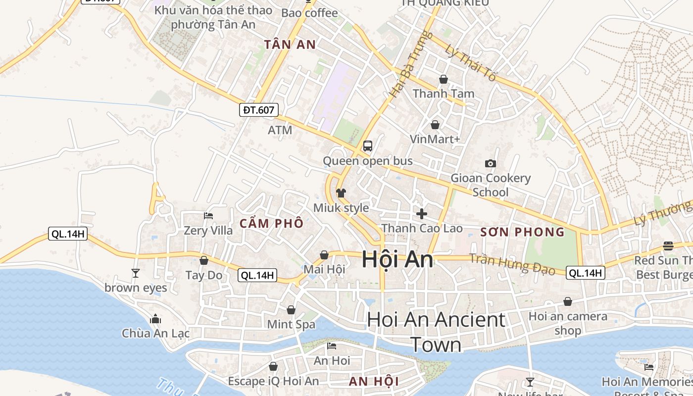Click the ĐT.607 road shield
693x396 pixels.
coord(259,110)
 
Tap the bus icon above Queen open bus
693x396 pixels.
coord(367,146)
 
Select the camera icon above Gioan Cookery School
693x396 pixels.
coord(490,163)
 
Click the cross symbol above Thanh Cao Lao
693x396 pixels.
coord(422,213)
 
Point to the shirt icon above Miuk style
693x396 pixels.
coord(341,193)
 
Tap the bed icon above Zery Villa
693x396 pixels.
coord(208,216)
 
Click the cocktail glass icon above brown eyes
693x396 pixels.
coord(135,273)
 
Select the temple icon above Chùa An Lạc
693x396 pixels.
coord(155,319)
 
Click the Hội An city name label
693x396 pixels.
coord(397,260)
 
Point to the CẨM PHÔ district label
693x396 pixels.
coord(271,223)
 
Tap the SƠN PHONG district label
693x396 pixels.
coord(522,232)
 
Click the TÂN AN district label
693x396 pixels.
coord(290,45)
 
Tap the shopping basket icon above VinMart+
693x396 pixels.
coord(435,125)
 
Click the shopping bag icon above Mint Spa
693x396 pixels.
coord(291,310)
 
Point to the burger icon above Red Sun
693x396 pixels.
coord(668,246)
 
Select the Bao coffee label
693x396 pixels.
coord(309,13)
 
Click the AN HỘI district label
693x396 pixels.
coord(374,381)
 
